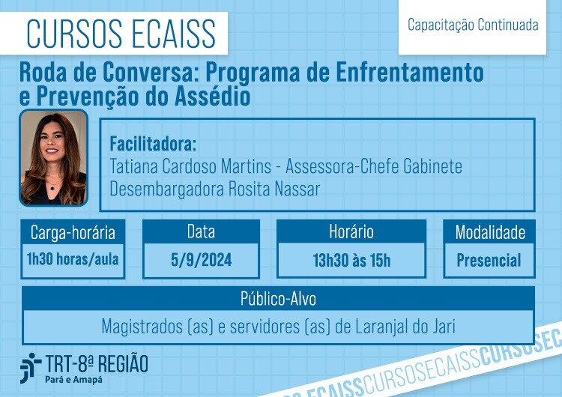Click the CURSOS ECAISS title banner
(114, 33)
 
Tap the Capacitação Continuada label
(473, 25)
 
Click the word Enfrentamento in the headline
(410, 72)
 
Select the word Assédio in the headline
(212, 96)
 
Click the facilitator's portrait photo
(53, 157)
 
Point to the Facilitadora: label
(153, 144)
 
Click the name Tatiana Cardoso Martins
(190, 166)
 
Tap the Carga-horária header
(73, 232)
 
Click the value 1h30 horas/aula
(73, 259)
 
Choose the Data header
(201, 231)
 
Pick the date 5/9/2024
(201, 260)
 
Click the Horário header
(351, 231)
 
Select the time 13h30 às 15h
(351, 260)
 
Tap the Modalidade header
(489, 232)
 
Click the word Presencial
(489, 260)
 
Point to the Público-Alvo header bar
(278, 298)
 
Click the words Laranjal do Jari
(405, 327)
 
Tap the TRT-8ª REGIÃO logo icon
(31, 368)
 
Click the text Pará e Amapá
(74, 380)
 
